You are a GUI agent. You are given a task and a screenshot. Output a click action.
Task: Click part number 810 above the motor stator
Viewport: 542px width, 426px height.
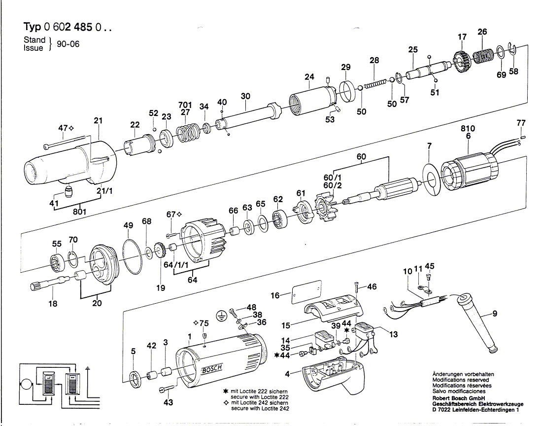click(x=468, y=129)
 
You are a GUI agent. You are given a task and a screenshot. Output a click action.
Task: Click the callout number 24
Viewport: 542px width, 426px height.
click(x=309, y=77)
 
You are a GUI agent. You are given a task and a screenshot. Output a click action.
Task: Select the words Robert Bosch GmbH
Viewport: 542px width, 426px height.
click(x=458, y=398)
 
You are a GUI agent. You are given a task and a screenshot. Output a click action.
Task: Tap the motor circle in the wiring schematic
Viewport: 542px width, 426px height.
click(x=24, y=383)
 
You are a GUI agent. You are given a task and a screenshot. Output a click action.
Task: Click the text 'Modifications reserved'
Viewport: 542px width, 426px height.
click(x=460, y=380)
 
